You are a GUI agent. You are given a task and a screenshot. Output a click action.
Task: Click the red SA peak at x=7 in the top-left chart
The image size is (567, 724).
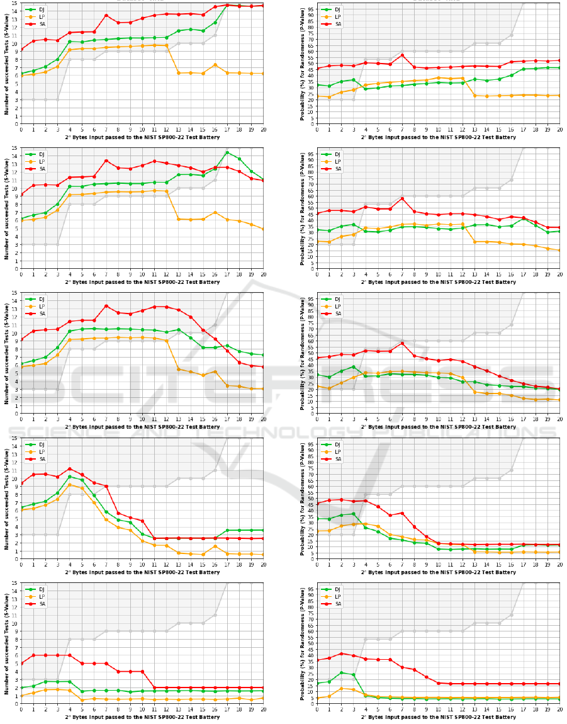point(106,15)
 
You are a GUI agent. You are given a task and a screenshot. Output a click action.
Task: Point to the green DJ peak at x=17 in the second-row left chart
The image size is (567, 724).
point(227,152)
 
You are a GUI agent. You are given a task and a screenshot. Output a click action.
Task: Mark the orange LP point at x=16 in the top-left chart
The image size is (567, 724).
point(215,65)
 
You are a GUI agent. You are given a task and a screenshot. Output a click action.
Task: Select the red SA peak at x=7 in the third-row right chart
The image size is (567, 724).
point(402,343)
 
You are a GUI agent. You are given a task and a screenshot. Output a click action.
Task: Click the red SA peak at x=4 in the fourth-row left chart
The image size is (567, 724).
point(70,468)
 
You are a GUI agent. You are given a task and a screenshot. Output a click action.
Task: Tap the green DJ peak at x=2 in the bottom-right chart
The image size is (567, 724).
point(341,672)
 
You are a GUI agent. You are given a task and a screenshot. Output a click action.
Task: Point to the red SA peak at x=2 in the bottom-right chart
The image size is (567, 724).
point(341,653)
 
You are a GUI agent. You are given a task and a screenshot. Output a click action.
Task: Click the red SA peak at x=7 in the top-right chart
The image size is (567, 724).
point(402,55)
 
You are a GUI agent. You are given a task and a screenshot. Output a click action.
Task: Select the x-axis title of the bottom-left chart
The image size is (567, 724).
point(142,717)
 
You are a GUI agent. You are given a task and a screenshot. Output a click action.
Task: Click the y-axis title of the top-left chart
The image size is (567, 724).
point(7,64)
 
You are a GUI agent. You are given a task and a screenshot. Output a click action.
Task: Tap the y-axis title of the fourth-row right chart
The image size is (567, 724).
point(303,498)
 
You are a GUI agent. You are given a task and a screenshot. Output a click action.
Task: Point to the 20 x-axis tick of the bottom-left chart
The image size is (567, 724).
point(264,709)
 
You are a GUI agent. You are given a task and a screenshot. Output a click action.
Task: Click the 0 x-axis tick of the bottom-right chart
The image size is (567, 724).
point(317,709)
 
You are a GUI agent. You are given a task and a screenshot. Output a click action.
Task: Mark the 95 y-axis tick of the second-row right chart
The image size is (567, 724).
point(311,154)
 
